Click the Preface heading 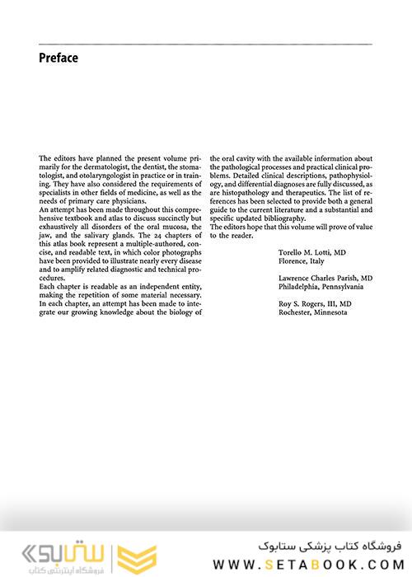59,58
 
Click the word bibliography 283,219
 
